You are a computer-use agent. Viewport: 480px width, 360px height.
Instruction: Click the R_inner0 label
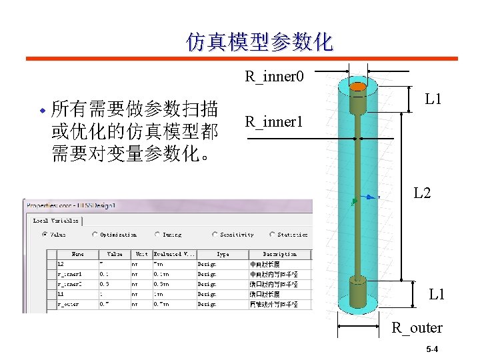tap(274, 76)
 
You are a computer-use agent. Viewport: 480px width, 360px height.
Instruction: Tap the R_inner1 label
tap(274, 122)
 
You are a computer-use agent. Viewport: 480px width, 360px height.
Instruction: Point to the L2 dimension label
tap(423, 193)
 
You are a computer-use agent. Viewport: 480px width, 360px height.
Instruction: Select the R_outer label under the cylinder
tap(417, 327)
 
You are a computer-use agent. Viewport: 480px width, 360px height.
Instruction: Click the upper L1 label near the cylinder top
tap(434, 100)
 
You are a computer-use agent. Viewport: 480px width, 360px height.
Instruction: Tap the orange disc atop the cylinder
tap(359, 87)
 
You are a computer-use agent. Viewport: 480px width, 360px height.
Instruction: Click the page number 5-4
tap(432, 349)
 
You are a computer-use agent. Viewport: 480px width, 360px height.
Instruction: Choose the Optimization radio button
tap(95, 235)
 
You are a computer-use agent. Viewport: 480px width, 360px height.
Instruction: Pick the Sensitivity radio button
tap(214, 235)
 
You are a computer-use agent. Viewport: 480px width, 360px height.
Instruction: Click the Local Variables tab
tap(56, 220)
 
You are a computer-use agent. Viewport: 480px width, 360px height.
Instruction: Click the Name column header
tap(78, 254)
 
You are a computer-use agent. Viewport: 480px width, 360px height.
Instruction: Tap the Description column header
tap(279, 254)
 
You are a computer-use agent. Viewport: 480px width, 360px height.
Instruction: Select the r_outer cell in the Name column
tap(69, 304)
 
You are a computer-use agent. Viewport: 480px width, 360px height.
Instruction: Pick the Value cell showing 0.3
tap(105, 284)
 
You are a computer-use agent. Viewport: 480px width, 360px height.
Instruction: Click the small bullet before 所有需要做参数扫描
tap(42, 109)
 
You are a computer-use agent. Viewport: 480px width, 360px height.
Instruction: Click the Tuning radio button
tap(158, 235)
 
